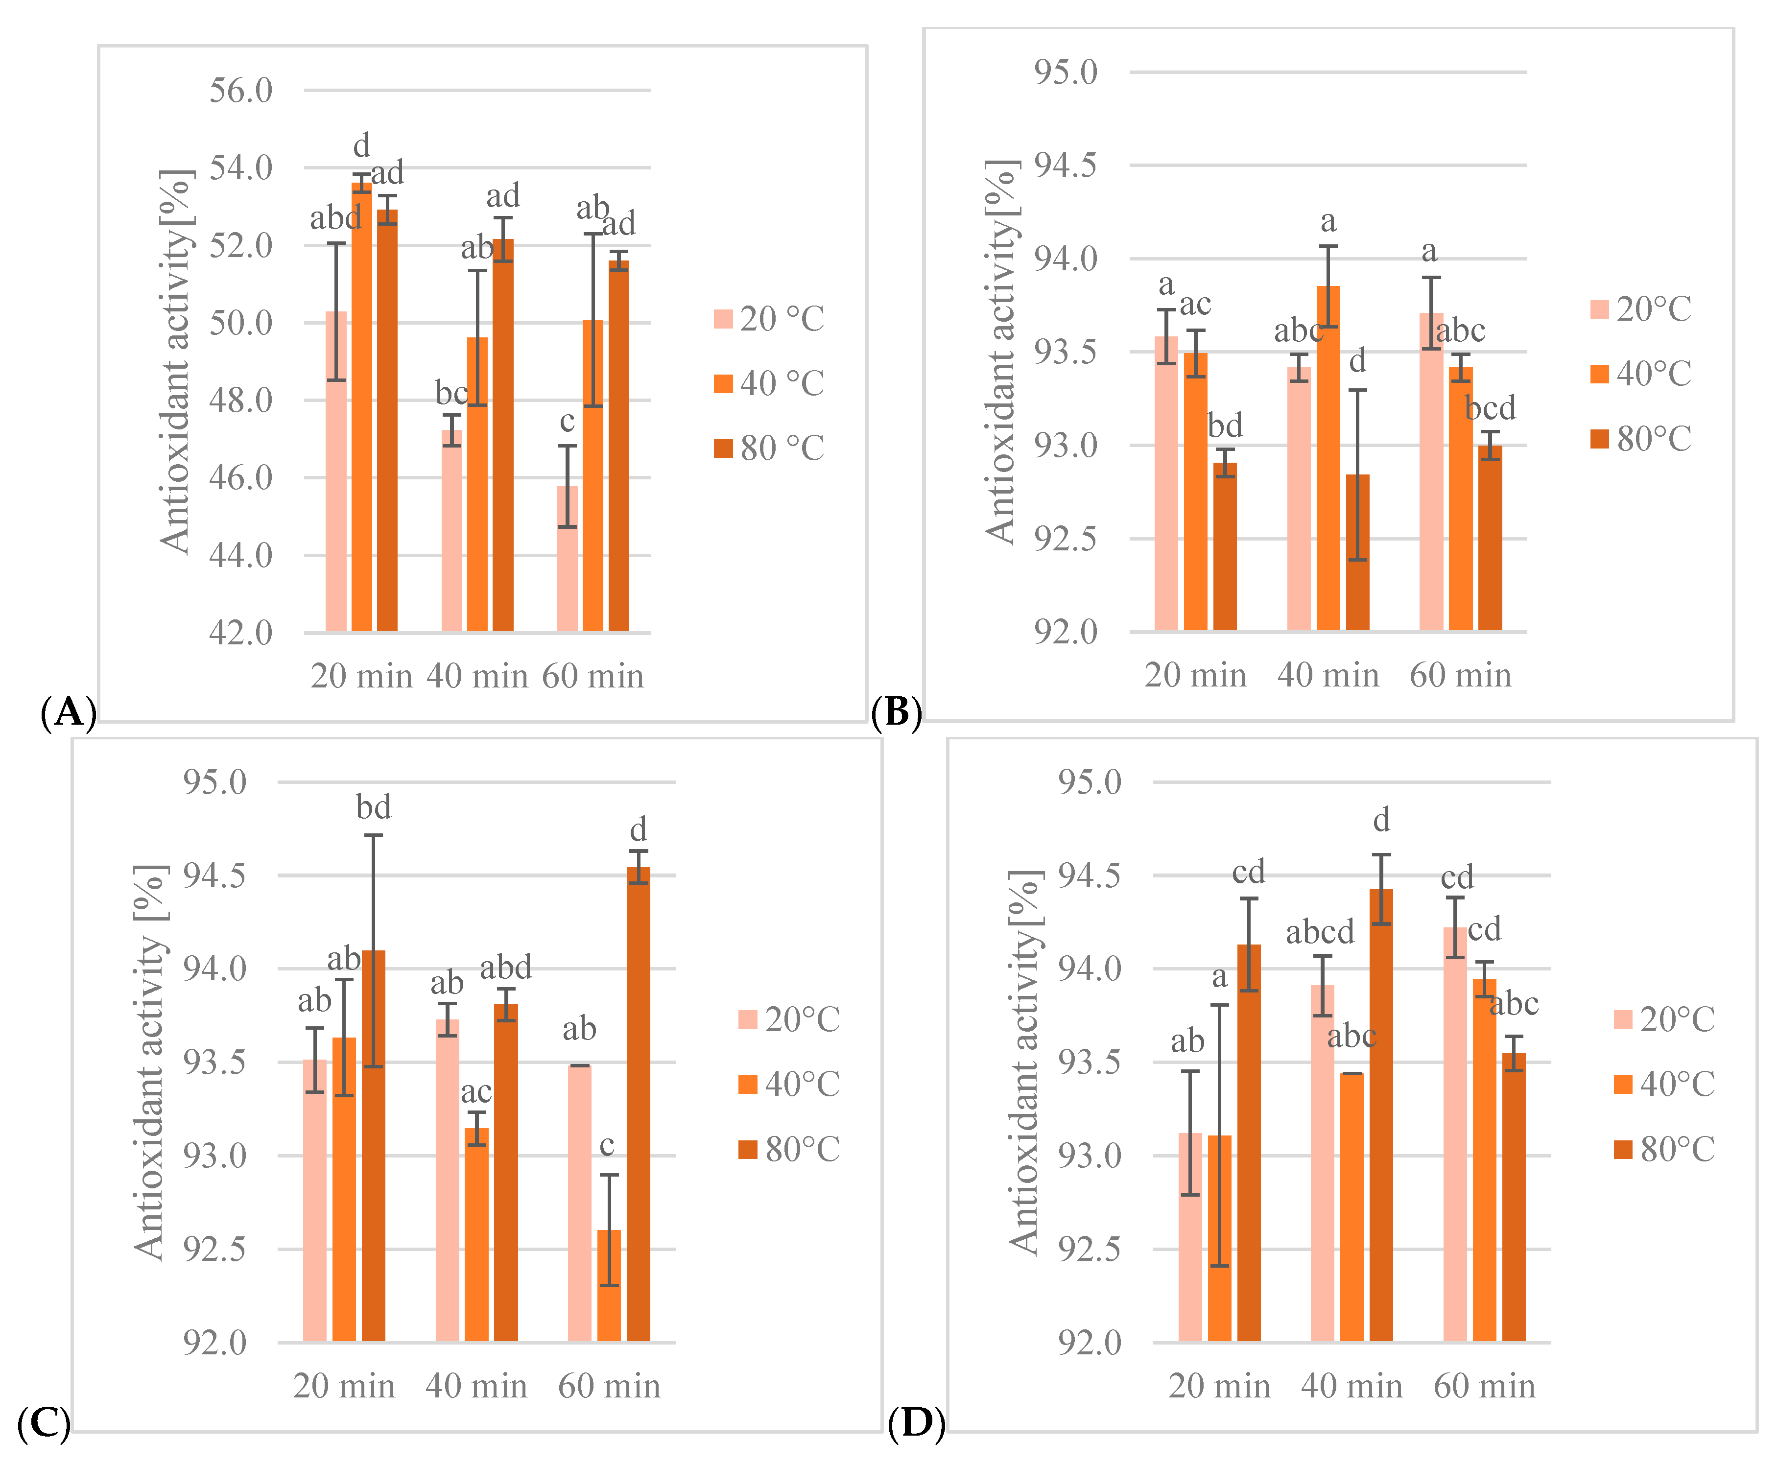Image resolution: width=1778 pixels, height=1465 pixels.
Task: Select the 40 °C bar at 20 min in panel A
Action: pyautogui.click(x=361, y=405)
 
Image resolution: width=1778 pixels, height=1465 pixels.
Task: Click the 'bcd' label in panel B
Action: pyautogui.click(x=1490, y=408)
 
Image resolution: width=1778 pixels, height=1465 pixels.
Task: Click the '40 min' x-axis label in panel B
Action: pyautogui.click(x=1328, y=675)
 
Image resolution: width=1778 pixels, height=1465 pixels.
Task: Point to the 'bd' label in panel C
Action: pyautogui.click(x=373, y=807)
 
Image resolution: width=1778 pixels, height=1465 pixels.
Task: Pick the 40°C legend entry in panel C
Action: pyautogui.click(x=788, y=1085)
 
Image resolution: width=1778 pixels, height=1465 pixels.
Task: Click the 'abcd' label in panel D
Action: pyautogui.click(x=1320, y=932)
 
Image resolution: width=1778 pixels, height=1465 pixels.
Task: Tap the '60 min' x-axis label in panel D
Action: pyautogui.click(x=1484, y=1387)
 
